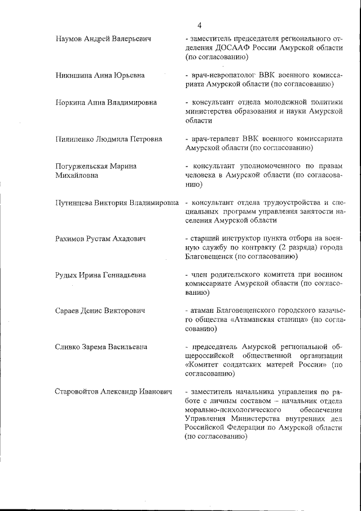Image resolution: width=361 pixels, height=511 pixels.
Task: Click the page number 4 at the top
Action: [200, 25]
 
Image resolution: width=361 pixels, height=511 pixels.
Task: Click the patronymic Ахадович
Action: [125, 239]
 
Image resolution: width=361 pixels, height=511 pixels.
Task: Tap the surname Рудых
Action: [68, 275]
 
